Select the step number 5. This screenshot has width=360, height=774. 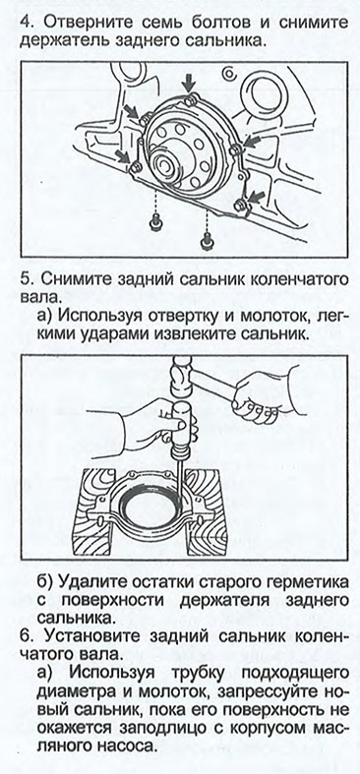[27, 278]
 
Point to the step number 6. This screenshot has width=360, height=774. [27, 640]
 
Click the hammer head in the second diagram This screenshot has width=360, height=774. [183, 377]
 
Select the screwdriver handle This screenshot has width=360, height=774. [180, 420]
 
